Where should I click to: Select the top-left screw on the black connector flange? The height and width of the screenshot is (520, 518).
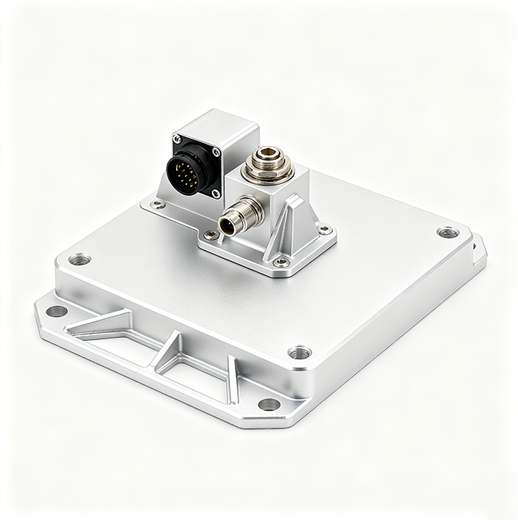pyautogui.click(x=177, y=137)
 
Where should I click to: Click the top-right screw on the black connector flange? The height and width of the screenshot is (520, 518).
pyautogui.click(x=216, y=152)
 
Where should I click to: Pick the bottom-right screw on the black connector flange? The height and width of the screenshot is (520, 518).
pyautogui.click(x=215, y=193)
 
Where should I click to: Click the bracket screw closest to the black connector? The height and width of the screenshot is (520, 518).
pyautogui.click(x=156, y=205)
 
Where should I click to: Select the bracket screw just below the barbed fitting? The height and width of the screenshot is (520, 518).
pyautogui.click(x=211, y=235)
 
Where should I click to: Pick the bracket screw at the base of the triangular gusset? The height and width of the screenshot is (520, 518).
pyautogui.click(x=280, y=262)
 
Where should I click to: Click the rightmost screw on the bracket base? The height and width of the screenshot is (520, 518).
pyautogui.click(x=324, y=230)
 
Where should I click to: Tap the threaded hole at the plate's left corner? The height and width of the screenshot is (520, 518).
pyautogui.click(x=79, y=259)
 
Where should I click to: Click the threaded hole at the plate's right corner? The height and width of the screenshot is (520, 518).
pyautogui.click(x=447, y=232)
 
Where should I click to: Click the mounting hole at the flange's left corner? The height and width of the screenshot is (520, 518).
pyautogui.click(x=56, y=311)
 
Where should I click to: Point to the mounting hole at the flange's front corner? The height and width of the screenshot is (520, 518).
pyautogui.click(x=269, y=404)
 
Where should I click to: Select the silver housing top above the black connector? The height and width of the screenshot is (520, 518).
pyautogui.click(x=220, y=125)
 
